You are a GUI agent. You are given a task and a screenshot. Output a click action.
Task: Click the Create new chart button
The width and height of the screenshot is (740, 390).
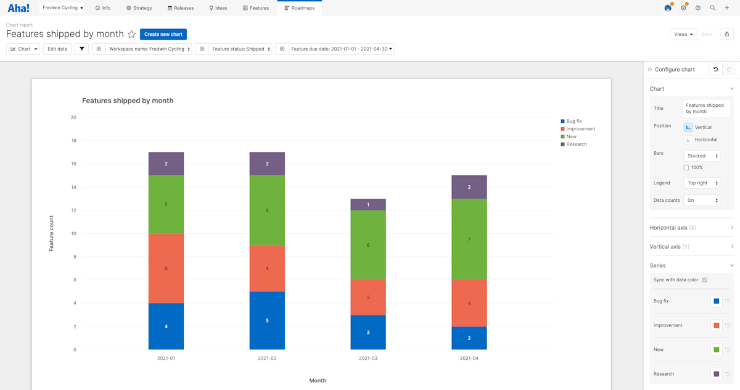[163, 35]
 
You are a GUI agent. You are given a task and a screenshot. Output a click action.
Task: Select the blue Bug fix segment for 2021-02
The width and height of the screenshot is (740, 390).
[267, 320]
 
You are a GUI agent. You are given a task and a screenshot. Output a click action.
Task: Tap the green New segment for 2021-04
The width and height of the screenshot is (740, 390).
[469, 239]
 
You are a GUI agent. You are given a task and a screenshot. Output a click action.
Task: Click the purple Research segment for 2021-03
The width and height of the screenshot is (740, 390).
[368, 205]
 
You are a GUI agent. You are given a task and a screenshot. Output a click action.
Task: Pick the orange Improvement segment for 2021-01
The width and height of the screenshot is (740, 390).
[166, 268]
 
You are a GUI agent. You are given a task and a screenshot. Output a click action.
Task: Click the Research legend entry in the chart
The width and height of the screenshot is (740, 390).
[576, 144]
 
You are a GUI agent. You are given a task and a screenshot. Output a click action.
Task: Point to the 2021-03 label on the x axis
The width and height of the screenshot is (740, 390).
[368, 359]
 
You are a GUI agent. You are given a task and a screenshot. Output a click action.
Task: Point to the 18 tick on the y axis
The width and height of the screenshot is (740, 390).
[73, 141]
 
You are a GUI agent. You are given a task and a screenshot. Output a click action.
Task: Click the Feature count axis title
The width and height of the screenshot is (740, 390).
[52, 233]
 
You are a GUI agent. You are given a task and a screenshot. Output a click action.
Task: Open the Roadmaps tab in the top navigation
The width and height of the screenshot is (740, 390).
[300, 8]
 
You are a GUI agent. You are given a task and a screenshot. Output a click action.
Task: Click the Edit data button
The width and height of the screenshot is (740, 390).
[57, 49]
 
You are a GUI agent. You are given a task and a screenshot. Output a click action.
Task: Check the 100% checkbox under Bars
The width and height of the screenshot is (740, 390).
[686, 168]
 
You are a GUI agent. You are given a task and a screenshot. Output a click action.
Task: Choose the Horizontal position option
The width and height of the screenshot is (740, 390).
[689, 139]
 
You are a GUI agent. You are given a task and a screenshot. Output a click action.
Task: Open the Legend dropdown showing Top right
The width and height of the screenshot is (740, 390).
[702, 183]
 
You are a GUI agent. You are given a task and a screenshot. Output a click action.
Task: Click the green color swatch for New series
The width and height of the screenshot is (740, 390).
[716, 350]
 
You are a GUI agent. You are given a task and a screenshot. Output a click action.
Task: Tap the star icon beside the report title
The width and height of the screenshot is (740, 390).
[131, 35]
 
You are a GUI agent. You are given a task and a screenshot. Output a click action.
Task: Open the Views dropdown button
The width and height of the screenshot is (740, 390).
[683, 35]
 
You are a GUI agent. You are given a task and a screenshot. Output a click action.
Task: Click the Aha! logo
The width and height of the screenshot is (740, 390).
[18, 8]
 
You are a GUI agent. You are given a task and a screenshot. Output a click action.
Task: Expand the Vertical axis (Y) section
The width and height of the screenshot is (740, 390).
[691, 246]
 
